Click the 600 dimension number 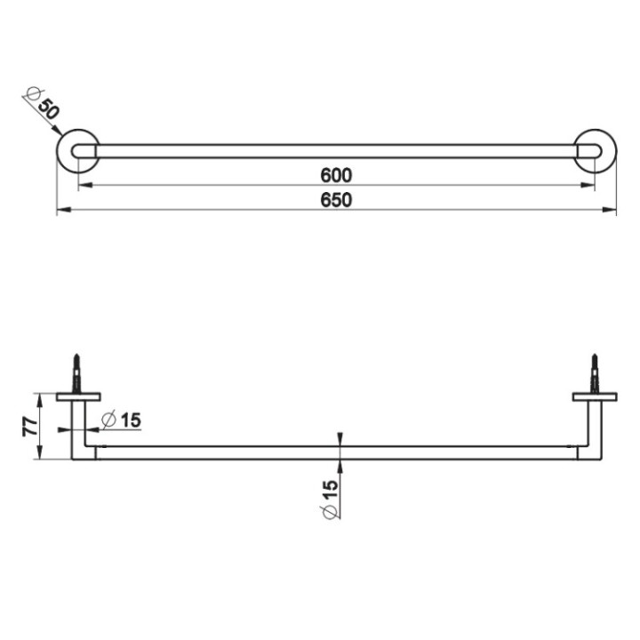point(337,174)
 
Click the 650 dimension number point(337,200)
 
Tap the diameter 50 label point(44,104)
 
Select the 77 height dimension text point(29,426)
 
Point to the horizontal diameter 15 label point(122,420)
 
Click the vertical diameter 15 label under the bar point(330,499)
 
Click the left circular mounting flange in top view point(78,151)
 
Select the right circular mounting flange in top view point(595,151)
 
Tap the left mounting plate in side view point(78,396)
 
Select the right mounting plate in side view point(594,396)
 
